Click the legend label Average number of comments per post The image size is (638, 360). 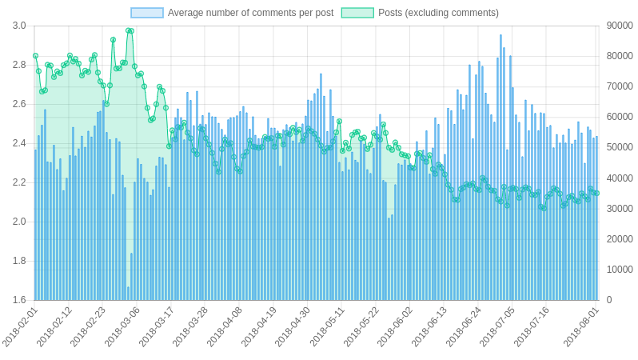(250, 13)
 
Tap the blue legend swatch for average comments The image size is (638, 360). (147, 13)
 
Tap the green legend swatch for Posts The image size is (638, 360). (357, 13)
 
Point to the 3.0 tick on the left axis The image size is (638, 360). (19, 26)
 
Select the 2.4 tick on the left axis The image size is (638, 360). (19, 143)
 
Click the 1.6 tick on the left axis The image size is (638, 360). (19, 300)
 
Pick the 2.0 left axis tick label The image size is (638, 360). (19, 222)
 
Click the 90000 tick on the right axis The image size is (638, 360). (620, 26)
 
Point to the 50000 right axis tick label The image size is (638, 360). (620, 147)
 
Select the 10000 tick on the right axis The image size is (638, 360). (620, 270)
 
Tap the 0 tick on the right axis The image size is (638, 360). (609, 300)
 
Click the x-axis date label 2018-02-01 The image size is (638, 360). (20, 326)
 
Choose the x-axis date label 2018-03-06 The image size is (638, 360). (122, 326)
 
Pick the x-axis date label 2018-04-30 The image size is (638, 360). (293, 326)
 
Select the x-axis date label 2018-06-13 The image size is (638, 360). (429, 326)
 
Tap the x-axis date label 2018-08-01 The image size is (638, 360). (581, 326)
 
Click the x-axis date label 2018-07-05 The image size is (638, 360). (497, 326)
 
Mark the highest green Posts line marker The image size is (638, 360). (129, 30)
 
